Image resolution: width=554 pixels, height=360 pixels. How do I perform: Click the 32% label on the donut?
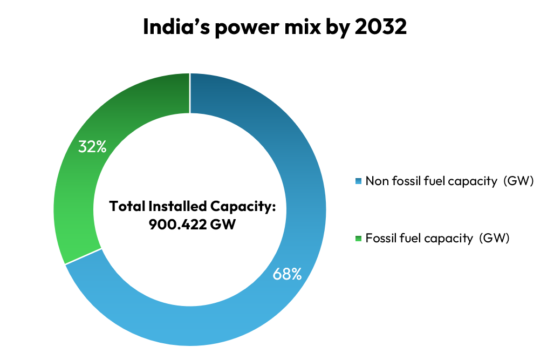click(92, 146)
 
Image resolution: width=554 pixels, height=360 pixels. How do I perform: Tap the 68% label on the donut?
click(286, 274)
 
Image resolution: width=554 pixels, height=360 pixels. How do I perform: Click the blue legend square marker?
click(359, 181)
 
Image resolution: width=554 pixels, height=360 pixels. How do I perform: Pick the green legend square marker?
click(359, 238)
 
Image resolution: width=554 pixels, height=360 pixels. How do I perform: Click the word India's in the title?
click(176, 27)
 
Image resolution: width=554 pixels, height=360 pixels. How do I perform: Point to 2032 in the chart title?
click(381, 27)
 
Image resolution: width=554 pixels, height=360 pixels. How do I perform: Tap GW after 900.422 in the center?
click(224, 224)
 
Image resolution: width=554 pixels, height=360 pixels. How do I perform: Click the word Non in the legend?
click(376, 181)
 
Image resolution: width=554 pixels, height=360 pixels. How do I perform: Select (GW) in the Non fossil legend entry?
click(518, 181)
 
